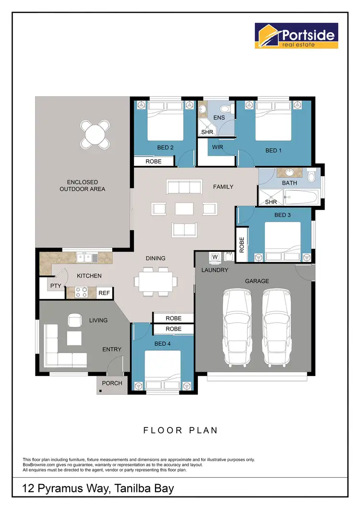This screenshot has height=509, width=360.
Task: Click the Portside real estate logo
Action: pos(296,36)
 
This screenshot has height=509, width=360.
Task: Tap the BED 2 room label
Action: pos(165,147)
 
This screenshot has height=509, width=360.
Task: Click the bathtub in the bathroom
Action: pos(300,197)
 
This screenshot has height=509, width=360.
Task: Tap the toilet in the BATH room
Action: pos(312,178)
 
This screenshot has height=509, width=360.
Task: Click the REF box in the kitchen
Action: pos(104,293)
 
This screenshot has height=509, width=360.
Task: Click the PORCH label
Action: pos(112,383)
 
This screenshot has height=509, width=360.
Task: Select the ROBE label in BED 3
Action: pos(241,245)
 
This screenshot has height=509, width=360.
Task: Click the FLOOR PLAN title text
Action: pos(180,430)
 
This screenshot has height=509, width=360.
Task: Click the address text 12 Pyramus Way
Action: pos(98,489)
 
